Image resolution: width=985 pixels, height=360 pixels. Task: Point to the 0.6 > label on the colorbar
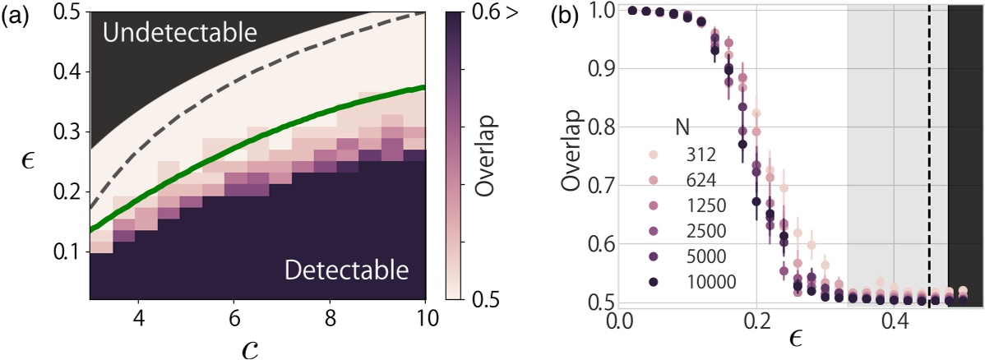pos(498,14)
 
